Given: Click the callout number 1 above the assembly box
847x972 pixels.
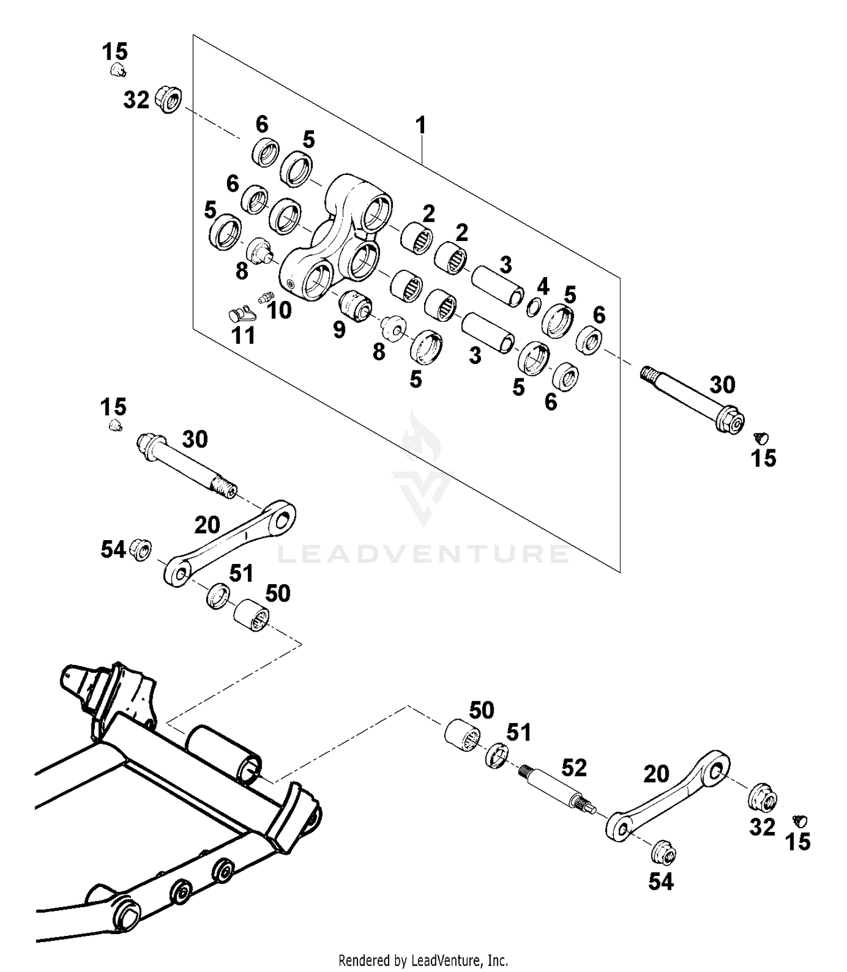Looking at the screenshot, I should tap(421, 125).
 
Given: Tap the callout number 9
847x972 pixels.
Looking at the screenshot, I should tap(339, 330).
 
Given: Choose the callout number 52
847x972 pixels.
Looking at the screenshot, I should tap(574, 768).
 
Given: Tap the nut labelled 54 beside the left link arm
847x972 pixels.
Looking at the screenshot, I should tap(141, 549).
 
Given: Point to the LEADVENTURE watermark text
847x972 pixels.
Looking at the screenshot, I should tap(423, 554).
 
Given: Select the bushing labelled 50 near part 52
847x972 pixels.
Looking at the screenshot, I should tap(462, 735).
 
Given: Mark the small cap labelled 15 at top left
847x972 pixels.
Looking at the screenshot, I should tap(117, 70).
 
